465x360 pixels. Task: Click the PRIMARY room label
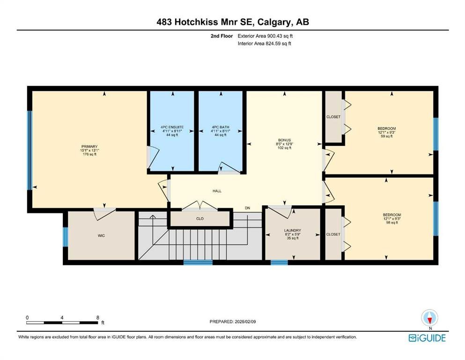[x=89, y=147]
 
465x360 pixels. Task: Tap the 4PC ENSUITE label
[x=172, y=127]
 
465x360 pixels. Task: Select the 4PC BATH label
[x=221, y=127]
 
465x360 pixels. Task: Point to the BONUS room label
[x=284, y=140]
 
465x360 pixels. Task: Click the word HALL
[x=217, y=191]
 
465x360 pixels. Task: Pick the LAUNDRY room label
[x=292, y=230]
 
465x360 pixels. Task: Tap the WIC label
[x=101, y=236]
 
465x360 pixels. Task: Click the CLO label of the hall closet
[x=200, y=219]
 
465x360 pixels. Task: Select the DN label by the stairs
[x=247, y=208]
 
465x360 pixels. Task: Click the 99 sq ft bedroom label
[x=387, y=128]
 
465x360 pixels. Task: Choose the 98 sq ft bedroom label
[x=392, y=215]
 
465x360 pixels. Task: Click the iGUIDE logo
[x=427, y=338]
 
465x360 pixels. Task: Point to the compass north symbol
[x=430, y=318]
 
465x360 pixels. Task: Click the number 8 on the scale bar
[x=97, y=317]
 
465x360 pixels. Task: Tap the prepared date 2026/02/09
[x=245, y=322]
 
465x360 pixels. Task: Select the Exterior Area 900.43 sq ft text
[x=265, y=36]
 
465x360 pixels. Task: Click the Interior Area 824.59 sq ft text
[x=264, y=43]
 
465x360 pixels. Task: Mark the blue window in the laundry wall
[x=279, y=262]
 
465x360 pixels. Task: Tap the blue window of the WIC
[x=65, y=237]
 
